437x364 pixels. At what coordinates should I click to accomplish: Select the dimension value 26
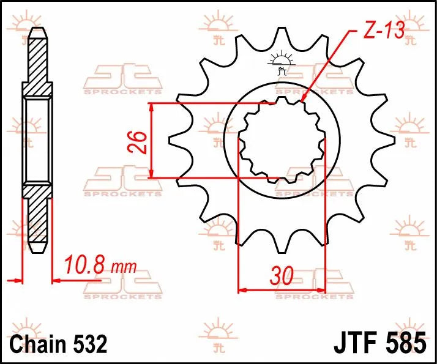point(139,142)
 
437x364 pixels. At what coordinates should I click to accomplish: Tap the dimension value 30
point(281,276)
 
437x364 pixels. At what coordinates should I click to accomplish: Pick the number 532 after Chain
point(88,342)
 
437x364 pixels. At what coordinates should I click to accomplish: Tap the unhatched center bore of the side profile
point(37,141)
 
